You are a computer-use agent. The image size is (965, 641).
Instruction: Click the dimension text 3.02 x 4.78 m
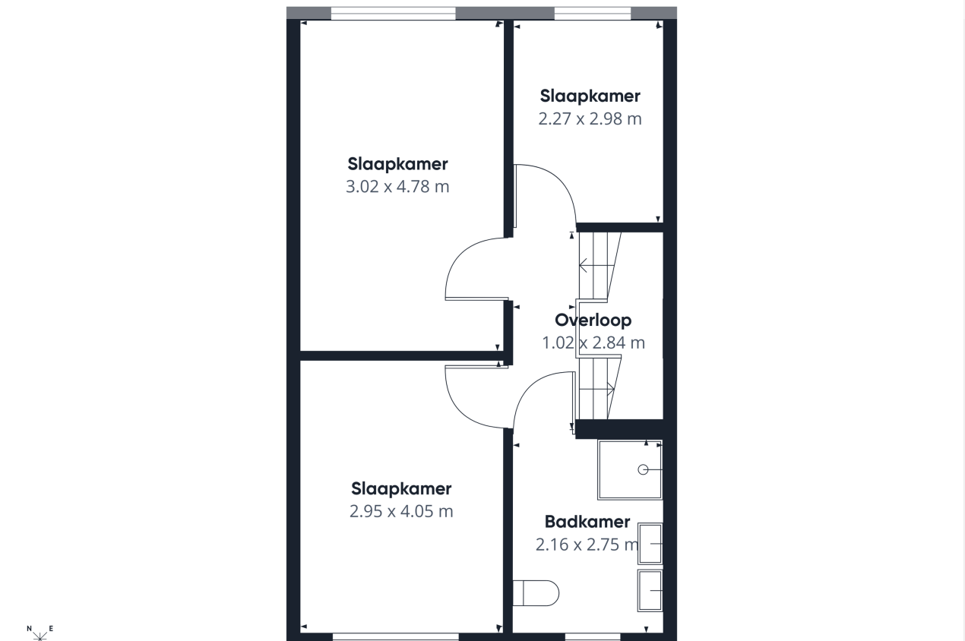tap(397, 186)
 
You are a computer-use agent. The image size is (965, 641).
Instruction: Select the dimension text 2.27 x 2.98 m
tap(590, 118)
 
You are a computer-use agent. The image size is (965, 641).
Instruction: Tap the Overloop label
tap(593, 320)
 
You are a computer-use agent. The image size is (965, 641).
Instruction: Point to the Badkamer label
tap(587, 522)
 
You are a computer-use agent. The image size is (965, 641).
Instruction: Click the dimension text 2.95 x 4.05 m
tap(401, 511)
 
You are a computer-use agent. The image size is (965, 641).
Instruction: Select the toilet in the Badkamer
tap(536, 592)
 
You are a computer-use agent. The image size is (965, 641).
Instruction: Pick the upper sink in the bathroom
tap(650, 544)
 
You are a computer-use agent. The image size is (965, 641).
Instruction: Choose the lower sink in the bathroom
tap(650, 589)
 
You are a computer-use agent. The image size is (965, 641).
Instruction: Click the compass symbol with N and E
tap(40, 632)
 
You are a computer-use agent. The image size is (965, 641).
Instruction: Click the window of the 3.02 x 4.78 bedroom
tap(393, 13)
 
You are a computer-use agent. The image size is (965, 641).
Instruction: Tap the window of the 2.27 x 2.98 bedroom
tap(593, 13)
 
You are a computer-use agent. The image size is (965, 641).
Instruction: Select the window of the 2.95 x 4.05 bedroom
tap(395, 636)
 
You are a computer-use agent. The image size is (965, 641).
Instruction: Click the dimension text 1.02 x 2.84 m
tap(593, 343)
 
